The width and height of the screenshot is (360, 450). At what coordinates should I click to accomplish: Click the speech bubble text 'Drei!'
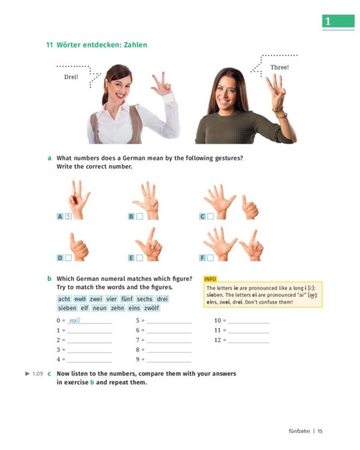(x=71, y=77)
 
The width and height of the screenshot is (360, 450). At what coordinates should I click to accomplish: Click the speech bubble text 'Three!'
(x=279, y=67)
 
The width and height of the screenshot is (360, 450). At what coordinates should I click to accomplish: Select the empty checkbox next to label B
(x=139, y=216)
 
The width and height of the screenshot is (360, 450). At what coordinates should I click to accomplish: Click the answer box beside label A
(x=68, y=216)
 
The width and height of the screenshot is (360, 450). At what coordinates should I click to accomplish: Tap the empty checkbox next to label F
(x=211, y=257)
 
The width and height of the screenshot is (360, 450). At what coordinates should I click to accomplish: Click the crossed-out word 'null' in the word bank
(x=80, y=299)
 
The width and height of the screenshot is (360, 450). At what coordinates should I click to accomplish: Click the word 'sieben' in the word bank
(x=67, y=308)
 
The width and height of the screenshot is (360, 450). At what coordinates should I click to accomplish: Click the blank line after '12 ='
(x=248, y=340)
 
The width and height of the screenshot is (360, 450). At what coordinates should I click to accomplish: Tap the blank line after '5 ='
(x=169, y=321)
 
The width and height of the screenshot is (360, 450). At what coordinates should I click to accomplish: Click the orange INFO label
(x=211, y=279)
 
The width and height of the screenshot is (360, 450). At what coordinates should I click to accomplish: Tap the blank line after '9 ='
(x=169, y=360)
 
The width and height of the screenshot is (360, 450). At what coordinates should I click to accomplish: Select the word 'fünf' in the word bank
(x=127, y=299)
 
